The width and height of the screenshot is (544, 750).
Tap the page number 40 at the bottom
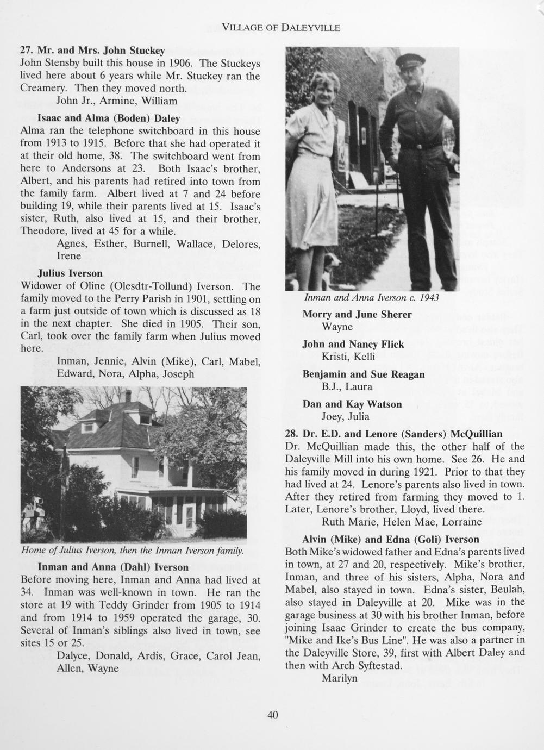(272, 715)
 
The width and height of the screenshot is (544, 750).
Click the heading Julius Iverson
(70, 273)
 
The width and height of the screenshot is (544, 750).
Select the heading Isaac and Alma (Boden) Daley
(109, 118)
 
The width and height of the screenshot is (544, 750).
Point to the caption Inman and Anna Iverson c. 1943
(372, 298)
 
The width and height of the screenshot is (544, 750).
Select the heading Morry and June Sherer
(357, 315)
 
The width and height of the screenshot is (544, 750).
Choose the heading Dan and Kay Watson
(352, 404)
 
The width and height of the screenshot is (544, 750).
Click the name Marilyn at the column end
(340, 678)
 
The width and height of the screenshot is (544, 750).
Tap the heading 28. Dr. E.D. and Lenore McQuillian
(393, 434)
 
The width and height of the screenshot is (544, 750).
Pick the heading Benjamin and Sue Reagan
(364, 374)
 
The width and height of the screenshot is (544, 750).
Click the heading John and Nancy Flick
(353, 344)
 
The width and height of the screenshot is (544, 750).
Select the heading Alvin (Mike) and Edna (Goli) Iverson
(391, 539)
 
